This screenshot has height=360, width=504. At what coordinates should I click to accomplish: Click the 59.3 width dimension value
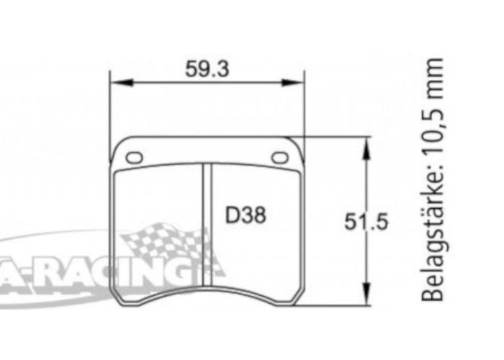(206, 69)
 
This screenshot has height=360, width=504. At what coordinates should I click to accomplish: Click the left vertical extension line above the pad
(109, 108)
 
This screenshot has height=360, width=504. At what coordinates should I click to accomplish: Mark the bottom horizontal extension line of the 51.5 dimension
(338, 306)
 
